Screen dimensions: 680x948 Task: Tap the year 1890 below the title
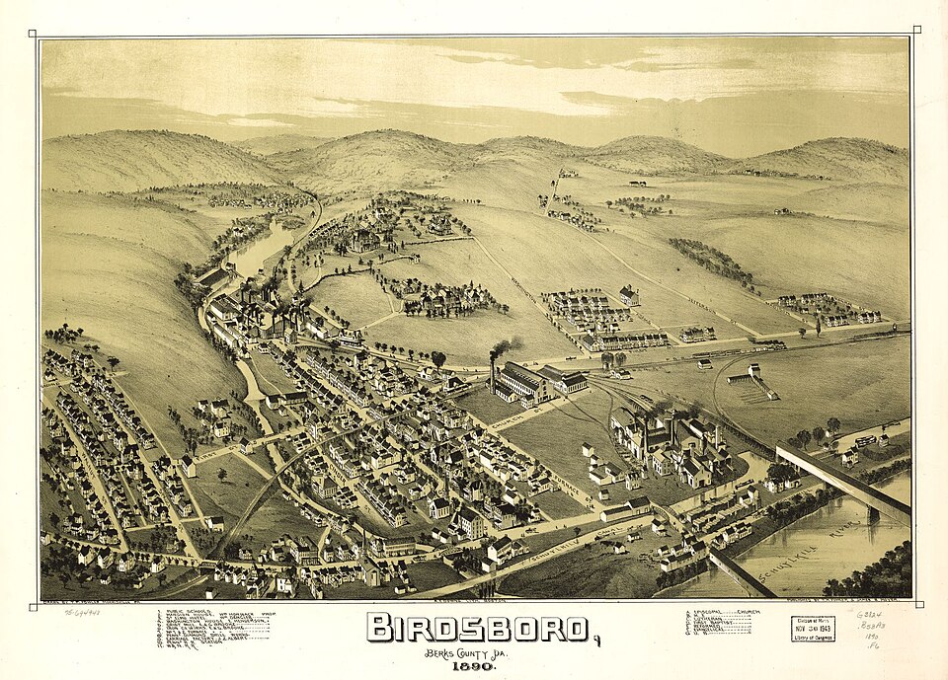click(x=476, y=667)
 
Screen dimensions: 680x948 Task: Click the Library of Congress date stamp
click(x=812, y=628)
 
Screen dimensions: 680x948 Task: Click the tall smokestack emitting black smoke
click(x=492, y=372)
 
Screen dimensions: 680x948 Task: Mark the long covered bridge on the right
click(x=841, y=479)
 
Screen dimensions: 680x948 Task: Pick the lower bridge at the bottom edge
click(x=741, y=572)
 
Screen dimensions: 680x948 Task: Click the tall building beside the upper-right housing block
click(x=628, y=294)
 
